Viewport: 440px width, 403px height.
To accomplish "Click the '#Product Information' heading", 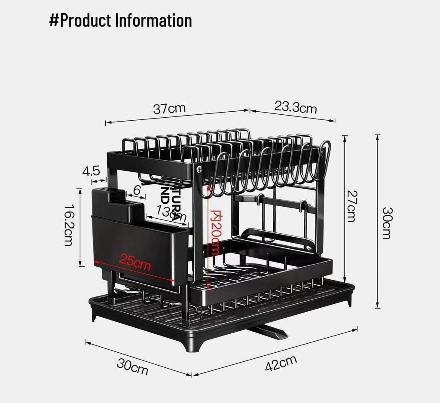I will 120,20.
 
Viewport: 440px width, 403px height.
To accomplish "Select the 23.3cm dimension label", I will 295,107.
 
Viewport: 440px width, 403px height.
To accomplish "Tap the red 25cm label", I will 135,262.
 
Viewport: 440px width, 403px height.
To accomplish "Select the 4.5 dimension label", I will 91,171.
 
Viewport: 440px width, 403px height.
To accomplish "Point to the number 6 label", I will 137,189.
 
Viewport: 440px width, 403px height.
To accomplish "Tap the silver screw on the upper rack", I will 199,169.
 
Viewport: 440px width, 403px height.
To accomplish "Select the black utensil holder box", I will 137,241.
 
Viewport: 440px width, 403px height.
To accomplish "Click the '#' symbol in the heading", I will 54,20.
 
